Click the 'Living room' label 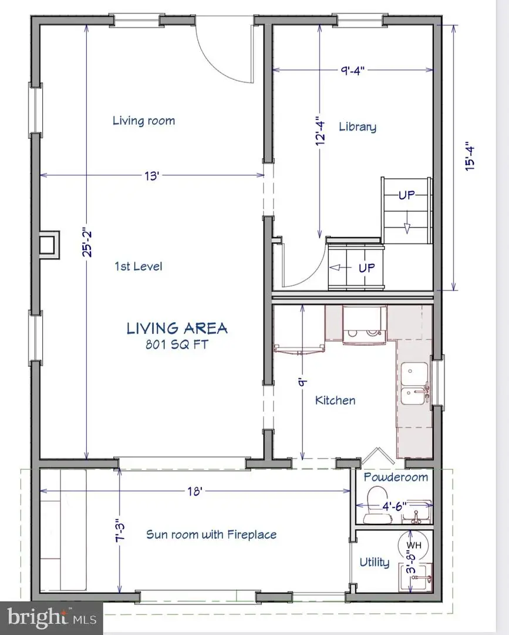pos(143,121)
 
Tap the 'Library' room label pos(358,127)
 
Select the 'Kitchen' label pos(335,400)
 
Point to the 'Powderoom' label pos(396,477)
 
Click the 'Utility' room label pos(375,562)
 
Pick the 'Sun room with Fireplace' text pos(211,534)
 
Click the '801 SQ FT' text pos(177,344)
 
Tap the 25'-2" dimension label pos(87,243)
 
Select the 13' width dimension pos(151,176)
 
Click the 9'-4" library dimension pos(352,71)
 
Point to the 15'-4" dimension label pos(470,156)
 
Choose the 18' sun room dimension pos(194,491)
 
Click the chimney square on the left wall pos(49,245)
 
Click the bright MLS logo pos(52,618)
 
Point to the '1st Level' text pos(139,266)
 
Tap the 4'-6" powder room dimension pos(394,506)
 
